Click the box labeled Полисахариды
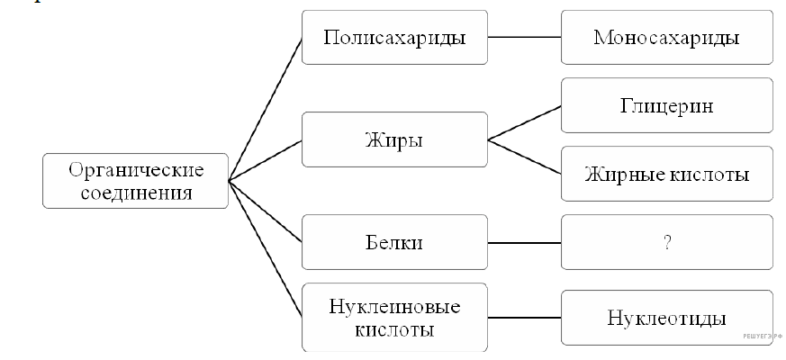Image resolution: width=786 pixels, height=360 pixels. [394, 38]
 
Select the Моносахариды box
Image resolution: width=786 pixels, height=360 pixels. [666, 38]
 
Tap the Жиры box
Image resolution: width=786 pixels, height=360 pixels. [394, 139]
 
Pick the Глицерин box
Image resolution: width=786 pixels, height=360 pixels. [666, 105]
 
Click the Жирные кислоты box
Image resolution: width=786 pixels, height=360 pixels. [666, 174]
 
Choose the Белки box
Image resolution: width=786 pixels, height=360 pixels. [394, 242]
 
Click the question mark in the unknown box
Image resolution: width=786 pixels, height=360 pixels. [667, 242]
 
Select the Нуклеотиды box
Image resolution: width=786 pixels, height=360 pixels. [666, 318]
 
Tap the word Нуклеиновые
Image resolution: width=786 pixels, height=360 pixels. [393, 307]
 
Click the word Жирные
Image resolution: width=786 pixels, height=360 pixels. [620, 174]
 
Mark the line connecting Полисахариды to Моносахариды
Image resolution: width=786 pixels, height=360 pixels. [524, 38]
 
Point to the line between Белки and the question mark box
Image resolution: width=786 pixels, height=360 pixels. [524, 242]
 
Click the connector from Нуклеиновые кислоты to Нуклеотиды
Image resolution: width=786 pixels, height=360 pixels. [524, 318]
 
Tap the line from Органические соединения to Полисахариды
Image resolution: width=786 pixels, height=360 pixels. [266, 109]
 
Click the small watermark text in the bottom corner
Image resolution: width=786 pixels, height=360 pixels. [763, 335]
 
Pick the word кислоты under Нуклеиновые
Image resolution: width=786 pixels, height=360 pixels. [394, 329]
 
